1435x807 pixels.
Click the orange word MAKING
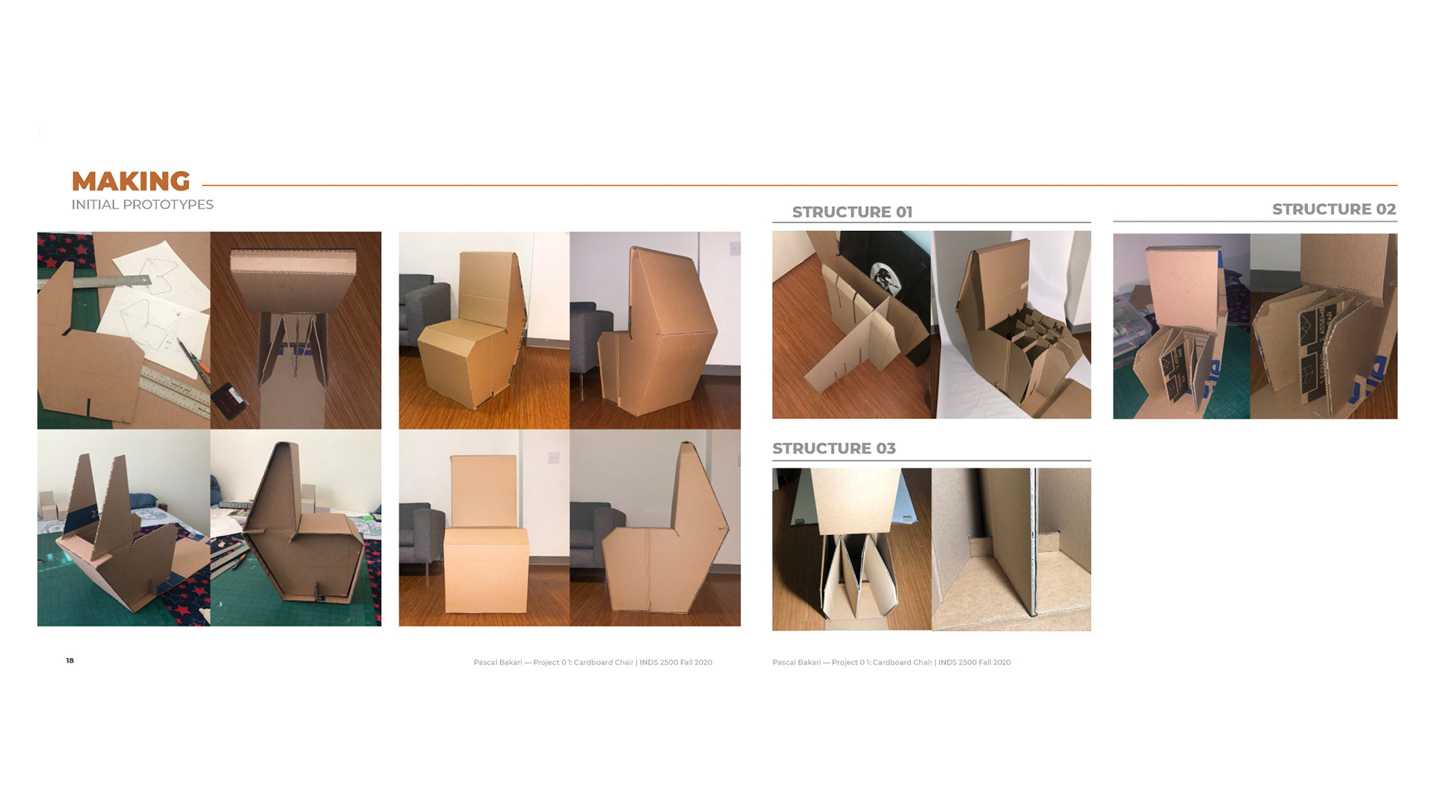click(131, 182)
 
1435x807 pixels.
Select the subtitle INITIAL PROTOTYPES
click(143, 205)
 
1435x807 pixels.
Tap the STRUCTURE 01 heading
click(852, 212)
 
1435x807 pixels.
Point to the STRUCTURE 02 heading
click(1334, 209)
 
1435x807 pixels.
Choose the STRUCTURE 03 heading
click(833, 448)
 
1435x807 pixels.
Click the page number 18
click(70, 661)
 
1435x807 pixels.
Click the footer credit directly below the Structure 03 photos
click(891, 662)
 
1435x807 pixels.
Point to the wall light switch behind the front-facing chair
click(553, 457)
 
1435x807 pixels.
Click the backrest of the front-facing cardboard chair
click(484, 491)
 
